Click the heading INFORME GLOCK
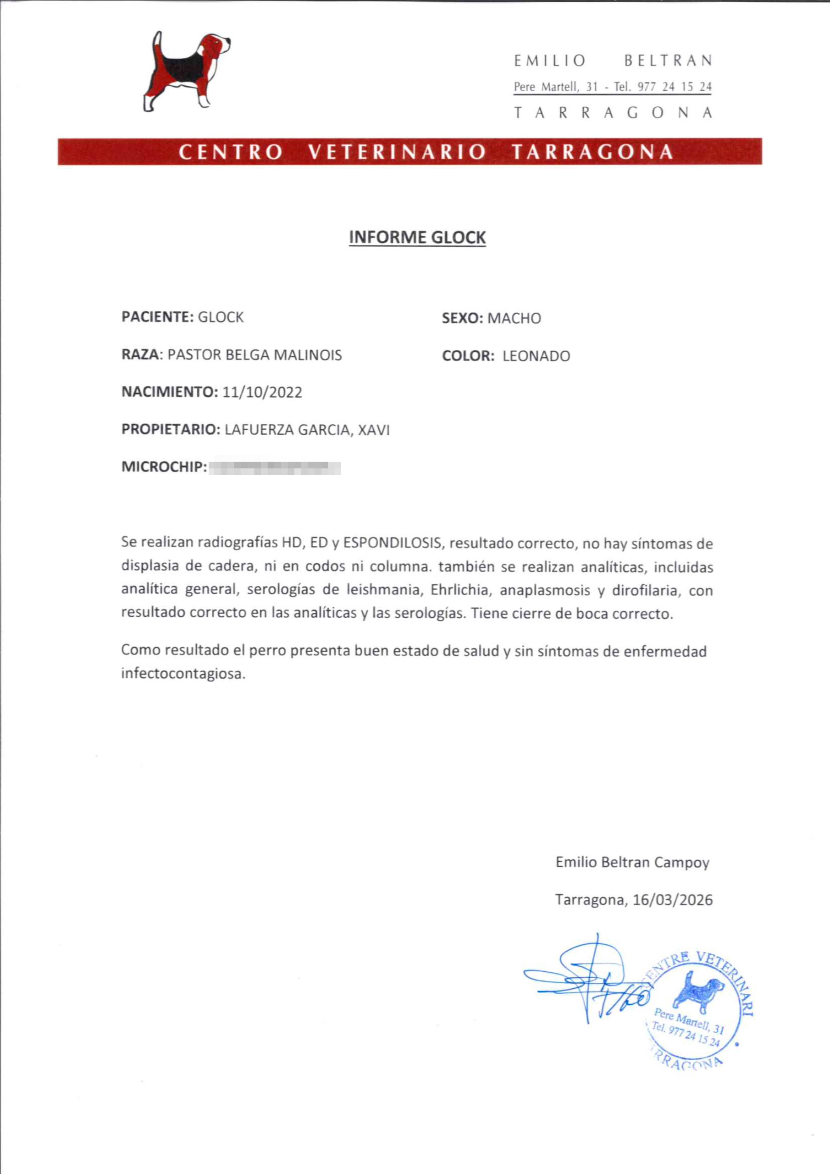coord(417,238)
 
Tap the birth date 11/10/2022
coord(262,393)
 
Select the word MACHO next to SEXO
coord(514,319)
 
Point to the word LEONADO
coord(536,356)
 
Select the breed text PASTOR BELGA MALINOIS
coord(255,355)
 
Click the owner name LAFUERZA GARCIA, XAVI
coord(307,430)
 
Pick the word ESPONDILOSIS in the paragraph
coord(392,543)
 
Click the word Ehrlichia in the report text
coord(459,590)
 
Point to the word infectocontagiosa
coord(183,674)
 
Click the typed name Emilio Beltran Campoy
coord(632,862)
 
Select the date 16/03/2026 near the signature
coord(672,900)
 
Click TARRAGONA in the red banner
coord(592,152)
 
